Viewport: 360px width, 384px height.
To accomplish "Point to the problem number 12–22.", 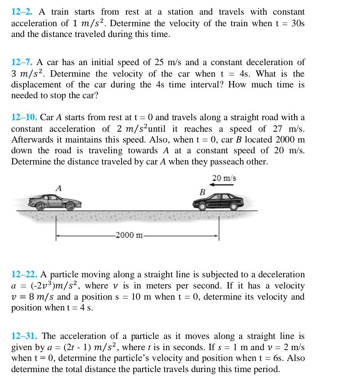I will [24, 275].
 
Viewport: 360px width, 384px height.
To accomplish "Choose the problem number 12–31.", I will [24, 336].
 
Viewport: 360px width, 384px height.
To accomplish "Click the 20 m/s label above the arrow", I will [224, 178].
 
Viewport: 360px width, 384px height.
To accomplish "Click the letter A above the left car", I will [59, 188].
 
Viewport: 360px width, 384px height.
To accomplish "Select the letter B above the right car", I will [202, 191].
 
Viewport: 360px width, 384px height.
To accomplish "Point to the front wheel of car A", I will [70, 206].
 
